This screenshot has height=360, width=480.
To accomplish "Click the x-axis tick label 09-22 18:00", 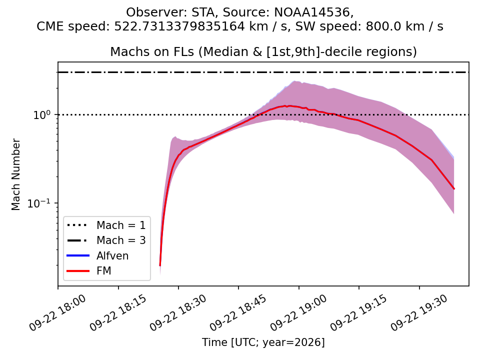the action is (58, 312).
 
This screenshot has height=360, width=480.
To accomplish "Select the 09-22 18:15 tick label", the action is (118, 312).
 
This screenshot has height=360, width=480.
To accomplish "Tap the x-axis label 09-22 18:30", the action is (179, 312).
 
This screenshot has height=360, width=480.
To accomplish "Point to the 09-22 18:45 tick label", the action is (239, 312).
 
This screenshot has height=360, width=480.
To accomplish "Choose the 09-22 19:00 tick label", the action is (299, 312).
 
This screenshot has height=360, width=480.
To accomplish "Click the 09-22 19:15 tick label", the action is (359, 312).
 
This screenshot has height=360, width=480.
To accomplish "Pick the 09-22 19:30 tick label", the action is (419, 312).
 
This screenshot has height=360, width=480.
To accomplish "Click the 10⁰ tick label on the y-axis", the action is (41, 115).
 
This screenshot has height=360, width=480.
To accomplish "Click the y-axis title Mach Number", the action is (15, 174).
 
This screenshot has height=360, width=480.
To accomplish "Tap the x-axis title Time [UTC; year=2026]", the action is (263, 342).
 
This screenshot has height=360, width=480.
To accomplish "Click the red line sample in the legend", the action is (78, 271).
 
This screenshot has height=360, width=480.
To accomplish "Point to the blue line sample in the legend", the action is (78, 255).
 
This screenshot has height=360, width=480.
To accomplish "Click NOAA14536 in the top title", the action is (314, 12).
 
